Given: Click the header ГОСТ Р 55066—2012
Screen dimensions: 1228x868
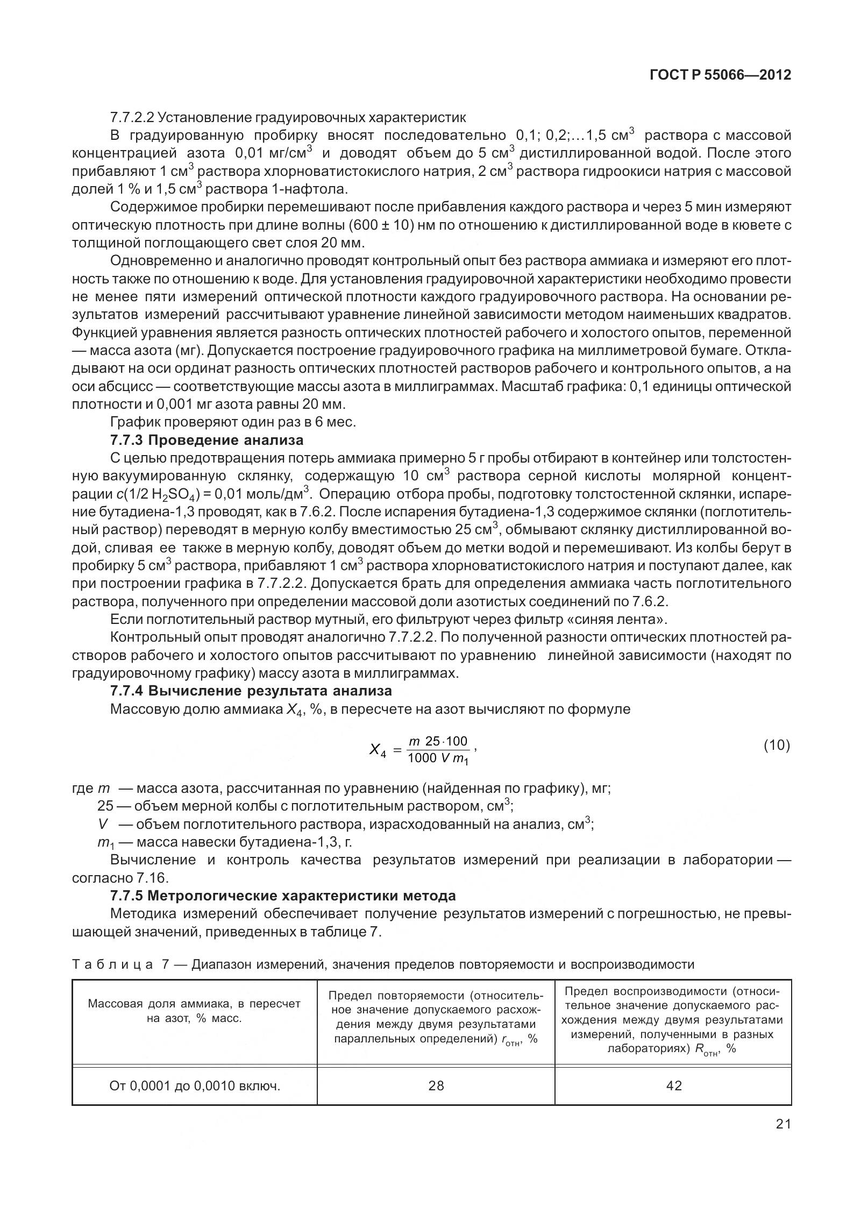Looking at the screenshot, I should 720,75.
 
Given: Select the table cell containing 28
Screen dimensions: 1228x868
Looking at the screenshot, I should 436,1085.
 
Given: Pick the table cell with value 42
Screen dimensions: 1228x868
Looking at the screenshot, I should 673,1085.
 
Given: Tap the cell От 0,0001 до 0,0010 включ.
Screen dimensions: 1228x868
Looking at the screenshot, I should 195,1086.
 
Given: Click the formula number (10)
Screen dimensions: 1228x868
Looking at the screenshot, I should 777,746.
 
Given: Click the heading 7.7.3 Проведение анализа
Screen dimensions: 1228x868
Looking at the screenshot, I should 207,440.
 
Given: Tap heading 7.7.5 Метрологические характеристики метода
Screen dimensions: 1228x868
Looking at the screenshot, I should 283,896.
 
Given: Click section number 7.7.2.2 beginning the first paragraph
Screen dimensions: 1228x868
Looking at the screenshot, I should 132,117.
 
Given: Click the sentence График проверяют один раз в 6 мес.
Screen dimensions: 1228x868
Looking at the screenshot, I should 232,422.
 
